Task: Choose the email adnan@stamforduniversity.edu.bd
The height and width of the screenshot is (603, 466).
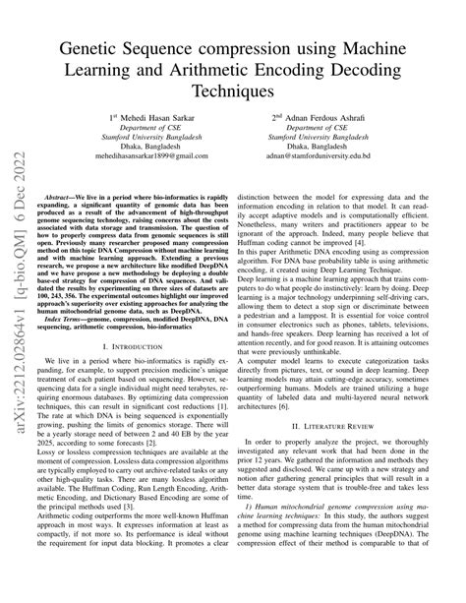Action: [337, 155]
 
